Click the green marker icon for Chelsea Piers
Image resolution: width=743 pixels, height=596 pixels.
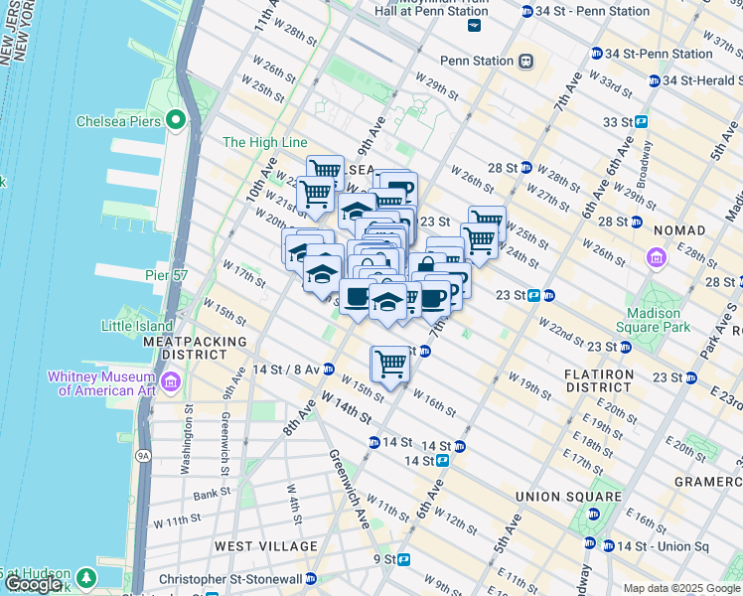(177, 121)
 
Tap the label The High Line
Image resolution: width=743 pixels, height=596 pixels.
(264, 143)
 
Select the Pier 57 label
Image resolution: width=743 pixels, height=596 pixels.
(166, 275)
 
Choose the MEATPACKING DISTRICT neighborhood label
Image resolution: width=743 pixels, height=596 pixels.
(195, 348)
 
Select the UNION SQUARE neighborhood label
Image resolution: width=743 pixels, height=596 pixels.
(568, 497)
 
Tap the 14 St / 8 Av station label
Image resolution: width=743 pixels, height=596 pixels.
(285, 370)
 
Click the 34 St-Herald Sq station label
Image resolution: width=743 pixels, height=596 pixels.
(700, 80)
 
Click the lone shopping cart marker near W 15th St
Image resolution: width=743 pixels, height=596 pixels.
(391, 365)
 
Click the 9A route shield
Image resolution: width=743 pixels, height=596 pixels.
(142, 456)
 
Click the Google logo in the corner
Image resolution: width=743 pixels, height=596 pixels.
(33, 584)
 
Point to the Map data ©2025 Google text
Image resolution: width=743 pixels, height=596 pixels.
(681, 588)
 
